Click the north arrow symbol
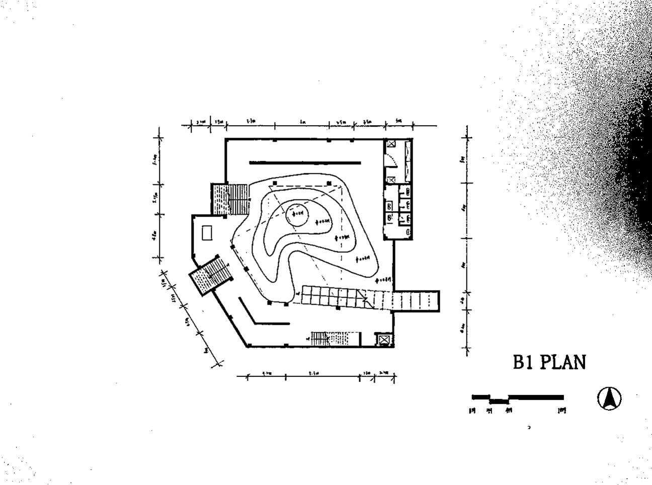coord(609,399)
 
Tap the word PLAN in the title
coord(562,362)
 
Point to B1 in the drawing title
coord(523,362)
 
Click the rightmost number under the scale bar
coord(562,410)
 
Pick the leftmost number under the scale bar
coord(471,411)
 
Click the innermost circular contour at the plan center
coord(297,215)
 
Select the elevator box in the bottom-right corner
coord(384,340)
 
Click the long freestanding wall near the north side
coord(305,163)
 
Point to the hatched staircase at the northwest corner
coord(229,199)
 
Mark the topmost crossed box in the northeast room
coord(391,143)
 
